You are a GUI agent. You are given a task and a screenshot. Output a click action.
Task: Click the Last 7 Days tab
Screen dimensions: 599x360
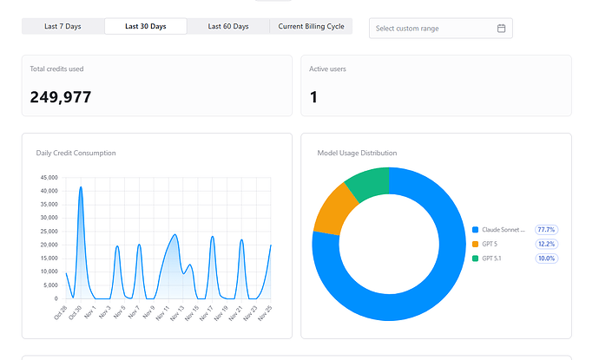[63, 26]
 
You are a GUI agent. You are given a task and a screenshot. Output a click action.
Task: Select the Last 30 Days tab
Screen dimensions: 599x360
[146, 26]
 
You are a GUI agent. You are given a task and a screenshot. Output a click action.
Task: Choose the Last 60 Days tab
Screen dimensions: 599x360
[228, 26]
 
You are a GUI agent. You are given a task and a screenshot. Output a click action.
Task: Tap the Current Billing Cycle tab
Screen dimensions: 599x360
[311, 26]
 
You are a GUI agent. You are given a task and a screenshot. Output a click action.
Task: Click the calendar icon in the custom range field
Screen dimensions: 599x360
[501, 29]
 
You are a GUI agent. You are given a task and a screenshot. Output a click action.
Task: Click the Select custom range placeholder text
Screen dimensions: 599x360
[407, 29]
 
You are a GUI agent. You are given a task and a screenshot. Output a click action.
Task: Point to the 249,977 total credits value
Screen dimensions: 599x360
[61, 97]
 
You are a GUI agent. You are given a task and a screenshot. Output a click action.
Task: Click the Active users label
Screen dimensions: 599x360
[327, 69]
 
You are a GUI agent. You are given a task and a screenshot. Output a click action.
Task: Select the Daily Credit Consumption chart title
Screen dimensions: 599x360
[76, 153]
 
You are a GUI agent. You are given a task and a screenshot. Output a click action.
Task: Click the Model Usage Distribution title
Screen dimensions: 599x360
[357, 153]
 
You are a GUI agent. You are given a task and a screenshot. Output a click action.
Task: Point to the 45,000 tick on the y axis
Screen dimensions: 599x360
[49, 178]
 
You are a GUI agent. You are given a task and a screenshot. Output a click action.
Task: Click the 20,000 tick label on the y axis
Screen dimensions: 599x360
[49, 245]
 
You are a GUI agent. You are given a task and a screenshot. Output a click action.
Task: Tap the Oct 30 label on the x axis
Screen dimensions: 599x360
[76, 312]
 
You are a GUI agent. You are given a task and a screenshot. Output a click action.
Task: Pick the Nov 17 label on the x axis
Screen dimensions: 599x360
[207, 312]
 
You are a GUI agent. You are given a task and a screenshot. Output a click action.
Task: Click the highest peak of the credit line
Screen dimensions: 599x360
[81, 187]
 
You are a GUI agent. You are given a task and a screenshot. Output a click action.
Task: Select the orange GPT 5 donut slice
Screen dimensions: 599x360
[333, 210]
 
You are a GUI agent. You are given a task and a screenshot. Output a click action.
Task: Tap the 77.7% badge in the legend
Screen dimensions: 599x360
[546, 230]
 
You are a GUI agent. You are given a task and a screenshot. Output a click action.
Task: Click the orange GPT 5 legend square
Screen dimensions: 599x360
[475, 244]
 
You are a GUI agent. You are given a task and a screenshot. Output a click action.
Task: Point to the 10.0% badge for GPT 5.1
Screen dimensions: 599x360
[546, 259]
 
